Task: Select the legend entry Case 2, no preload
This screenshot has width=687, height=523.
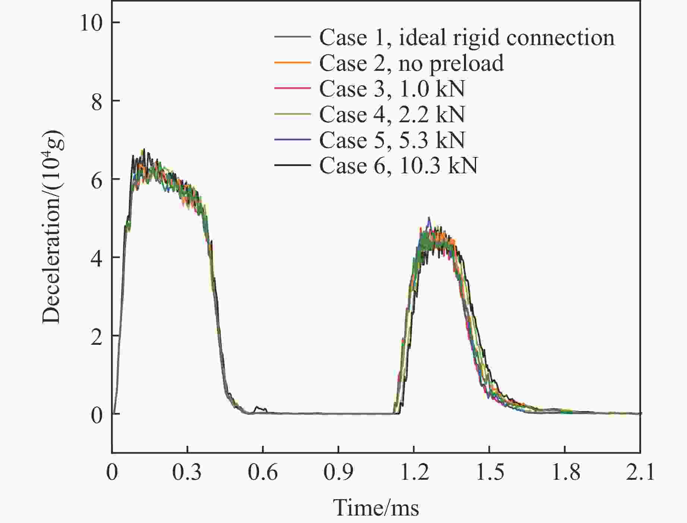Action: [412, 63]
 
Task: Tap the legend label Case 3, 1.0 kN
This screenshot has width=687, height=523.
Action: [392, 89]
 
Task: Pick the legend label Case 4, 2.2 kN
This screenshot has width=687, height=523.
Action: [392, 114]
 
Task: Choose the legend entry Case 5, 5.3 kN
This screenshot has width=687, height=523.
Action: [392, 140]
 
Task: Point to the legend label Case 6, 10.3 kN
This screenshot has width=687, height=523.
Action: [398, 165]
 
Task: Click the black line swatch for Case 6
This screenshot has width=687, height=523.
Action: [292, 165]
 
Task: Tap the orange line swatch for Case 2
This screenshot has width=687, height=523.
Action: [292, 63]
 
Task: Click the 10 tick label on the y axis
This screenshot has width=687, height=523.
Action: [91, 23]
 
